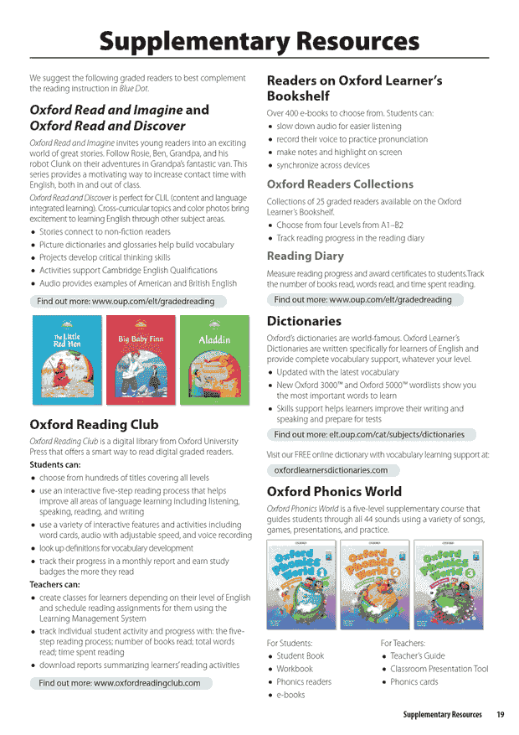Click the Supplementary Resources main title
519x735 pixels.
point(259,39)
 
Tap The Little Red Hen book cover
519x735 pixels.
point(66,360)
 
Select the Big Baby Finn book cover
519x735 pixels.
point(140,360)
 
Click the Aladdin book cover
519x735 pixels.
point(214,360)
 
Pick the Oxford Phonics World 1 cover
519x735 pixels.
point(301,584)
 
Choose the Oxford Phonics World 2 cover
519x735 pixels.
point(374,584)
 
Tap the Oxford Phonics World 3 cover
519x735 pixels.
point(448,584)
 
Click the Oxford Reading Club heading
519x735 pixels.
point(94,424)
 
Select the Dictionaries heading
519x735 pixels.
point(304,321)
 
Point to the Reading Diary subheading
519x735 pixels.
point(305,256)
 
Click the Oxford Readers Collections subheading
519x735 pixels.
point(340,184)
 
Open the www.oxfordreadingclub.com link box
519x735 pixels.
point(120,683)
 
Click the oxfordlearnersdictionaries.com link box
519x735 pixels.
point(331,470)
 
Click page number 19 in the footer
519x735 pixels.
point(500,715)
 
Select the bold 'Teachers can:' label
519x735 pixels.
point(55,584)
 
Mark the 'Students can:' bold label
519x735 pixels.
point(55,464)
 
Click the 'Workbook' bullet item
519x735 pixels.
point(295,669)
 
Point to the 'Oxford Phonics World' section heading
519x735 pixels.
point(334,491)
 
